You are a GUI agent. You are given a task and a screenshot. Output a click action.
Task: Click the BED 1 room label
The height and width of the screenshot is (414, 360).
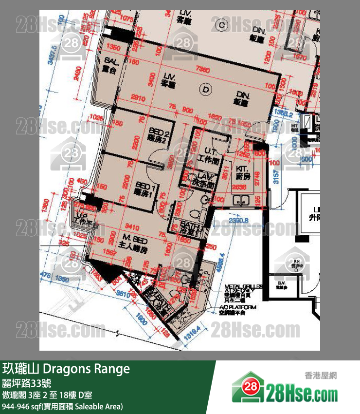(x=144, y=189)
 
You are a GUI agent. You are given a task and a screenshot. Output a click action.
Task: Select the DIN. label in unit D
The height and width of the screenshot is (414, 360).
(x=243, y=98)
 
